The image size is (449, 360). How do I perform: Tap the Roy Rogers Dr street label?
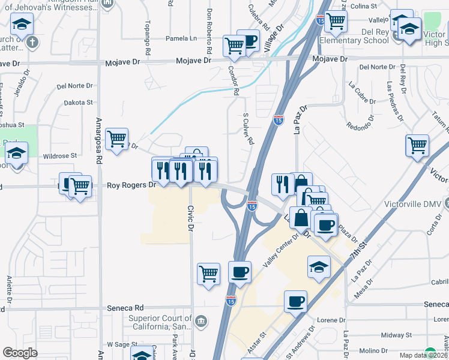pyautogui.click(x=131, y=185)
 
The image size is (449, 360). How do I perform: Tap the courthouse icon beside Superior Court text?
pyautogui.click(x=200, y=322)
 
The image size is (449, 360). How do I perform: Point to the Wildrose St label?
pyautogui.click(x=60, y=155)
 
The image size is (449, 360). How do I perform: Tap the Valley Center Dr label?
pyautogui.click(x=282, y=251)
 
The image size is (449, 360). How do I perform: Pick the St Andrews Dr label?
pyautogui.click(x=300, y=342)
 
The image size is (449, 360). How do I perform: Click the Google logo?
pyautogui.click(x=20, y=353)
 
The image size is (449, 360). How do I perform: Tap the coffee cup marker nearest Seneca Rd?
pyautogui.click(x=295, y=301)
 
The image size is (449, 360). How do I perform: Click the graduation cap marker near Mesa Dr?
pyautogui.click(x=319, y=266)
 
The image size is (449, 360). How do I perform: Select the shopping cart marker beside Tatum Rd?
pyautogui.click(x=417, y=146)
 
